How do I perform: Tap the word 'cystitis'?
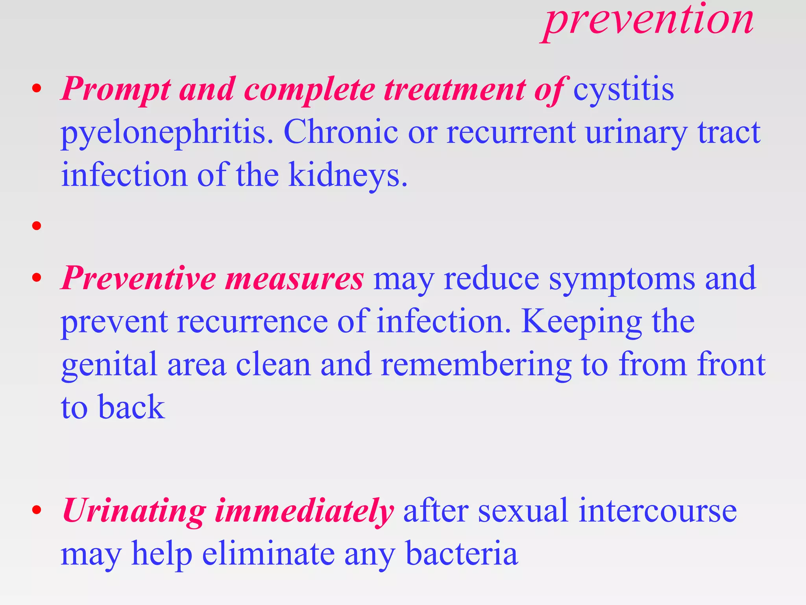623,90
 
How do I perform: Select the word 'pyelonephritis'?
167,133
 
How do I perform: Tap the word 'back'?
131,407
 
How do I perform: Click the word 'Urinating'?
134,511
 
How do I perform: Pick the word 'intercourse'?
658,511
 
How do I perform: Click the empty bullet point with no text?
37,226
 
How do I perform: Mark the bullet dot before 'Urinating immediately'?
37,510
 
